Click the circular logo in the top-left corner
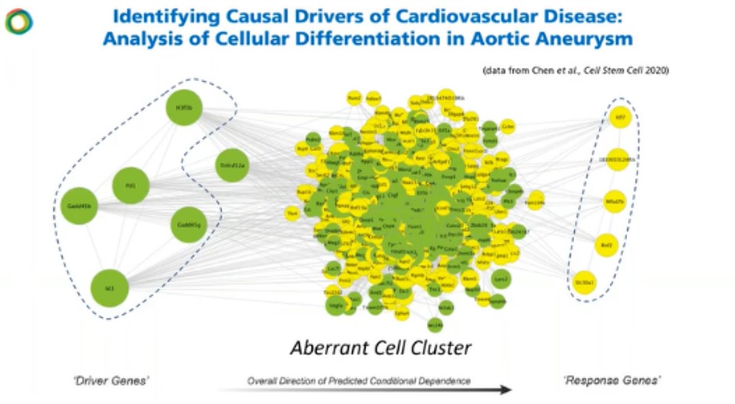[x=18, y=21]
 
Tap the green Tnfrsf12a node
[x=232, y=166]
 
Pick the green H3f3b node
[x=185, y=109]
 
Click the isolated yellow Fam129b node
[x=535, y=201]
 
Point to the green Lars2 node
[x=500, y=277]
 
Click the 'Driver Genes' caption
[x=122, y=381]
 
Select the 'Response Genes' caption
[x=601, y=381]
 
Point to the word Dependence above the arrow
[x=443, y=381]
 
